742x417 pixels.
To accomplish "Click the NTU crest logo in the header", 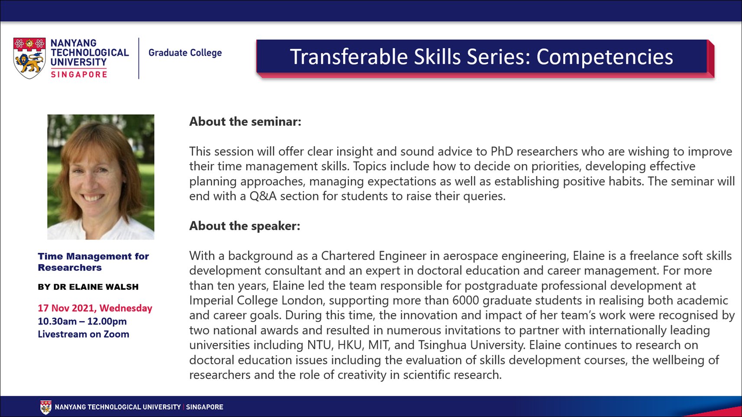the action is pyautogui.click(x=29, y=58).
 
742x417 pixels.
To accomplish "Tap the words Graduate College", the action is pyautogui.click(x=185, y=53).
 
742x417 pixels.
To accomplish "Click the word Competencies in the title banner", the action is pyautogui.click(x=604, y=57).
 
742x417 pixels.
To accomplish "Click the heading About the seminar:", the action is pyautogui.click(x=245, y=122).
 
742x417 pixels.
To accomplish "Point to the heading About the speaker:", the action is pyautogui.click(x=245, y=226).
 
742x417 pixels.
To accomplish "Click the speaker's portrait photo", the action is pyautogui.click(x=101, y=177).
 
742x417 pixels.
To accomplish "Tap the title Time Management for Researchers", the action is pyautogui.click(x=94, y=262).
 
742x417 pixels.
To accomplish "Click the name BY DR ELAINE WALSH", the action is pyautogui.click(x=88, y=287).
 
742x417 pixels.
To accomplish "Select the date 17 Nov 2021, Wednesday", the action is pyautogui.click(x=95, y=308).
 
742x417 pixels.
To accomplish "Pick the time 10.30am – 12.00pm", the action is pyautogui.click(x=82, y=321).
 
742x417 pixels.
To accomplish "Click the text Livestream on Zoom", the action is pyautogui.click(x=84, y=334).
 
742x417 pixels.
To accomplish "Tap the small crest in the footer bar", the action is pyautogui.click(x=46, y=407).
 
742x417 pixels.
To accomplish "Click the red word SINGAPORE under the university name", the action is pyautogui.click(x=79, y=74).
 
